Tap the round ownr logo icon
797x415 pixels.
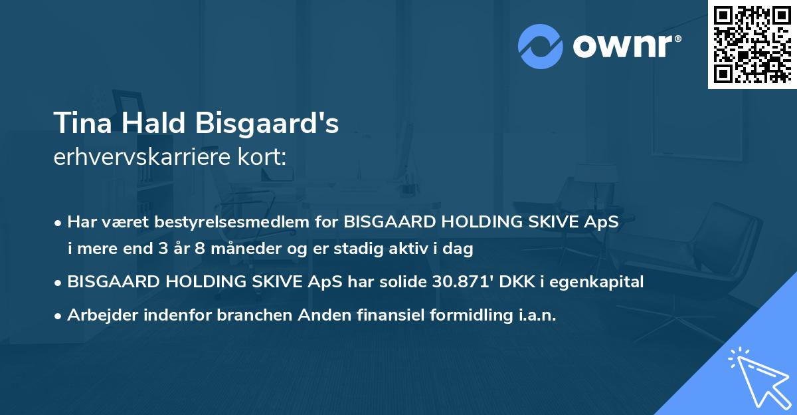coord(541,47)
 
